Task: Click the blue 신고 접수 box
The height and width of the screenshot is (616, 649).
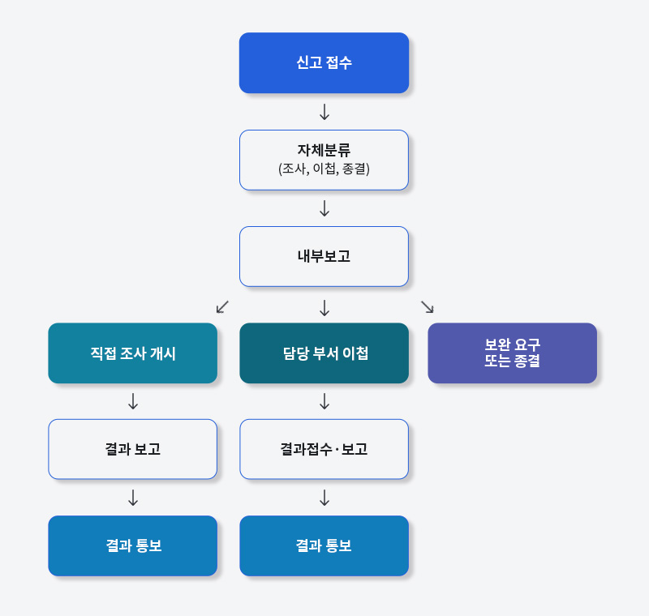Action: [324, 63]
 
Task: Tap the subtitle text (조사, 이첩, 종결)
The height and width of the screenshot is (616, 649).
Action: [324, 169]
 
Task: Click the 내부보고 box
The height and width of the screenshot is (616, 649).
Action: [324, 256]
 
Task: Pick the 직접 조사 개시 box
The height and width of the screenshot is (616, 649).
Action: [132, 353]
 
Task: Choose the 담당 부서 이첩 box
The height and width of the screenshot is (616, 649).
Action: [324, 353]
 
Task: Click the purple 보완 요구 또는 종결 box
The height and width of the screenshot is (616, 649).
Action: [512, 353]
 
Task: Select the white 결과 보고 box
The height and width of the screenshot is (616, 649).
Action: [132, 449]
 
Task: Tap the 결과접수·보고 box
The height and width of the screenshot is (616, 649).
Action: [324, 449]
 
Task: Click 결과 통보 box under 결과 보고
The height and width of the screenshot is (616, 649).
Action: [132, 545]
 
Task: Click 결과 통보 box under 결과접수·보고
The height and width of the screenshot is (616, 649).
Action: [324, 545]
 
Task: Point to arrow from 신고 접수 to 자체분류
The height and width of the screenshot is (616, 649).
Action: [324, 112]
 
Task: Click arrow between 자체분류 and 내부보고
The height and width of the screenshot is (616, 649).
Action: [324, 208]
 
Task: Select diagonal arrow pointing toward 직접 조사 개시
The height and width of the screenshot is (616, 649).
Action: [222, 306]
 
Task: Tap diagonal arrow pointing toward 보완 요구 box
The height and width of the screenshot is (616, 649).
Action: [428, 306]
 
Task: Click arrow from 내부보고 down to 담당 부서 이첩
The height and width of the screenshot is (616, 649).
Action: [324, 307]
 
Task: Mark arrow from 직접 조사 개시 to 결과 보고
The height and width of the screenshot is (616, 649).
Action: [133, 401]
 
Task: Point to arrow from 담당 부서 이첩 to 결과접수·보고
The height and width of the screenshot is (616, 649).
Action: [324, 401]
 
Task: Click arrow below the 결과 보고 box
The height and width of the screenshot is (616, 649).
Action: [133, 498]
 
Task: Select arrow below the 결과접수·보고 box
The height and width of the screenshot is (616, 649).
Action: [324, 498]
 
